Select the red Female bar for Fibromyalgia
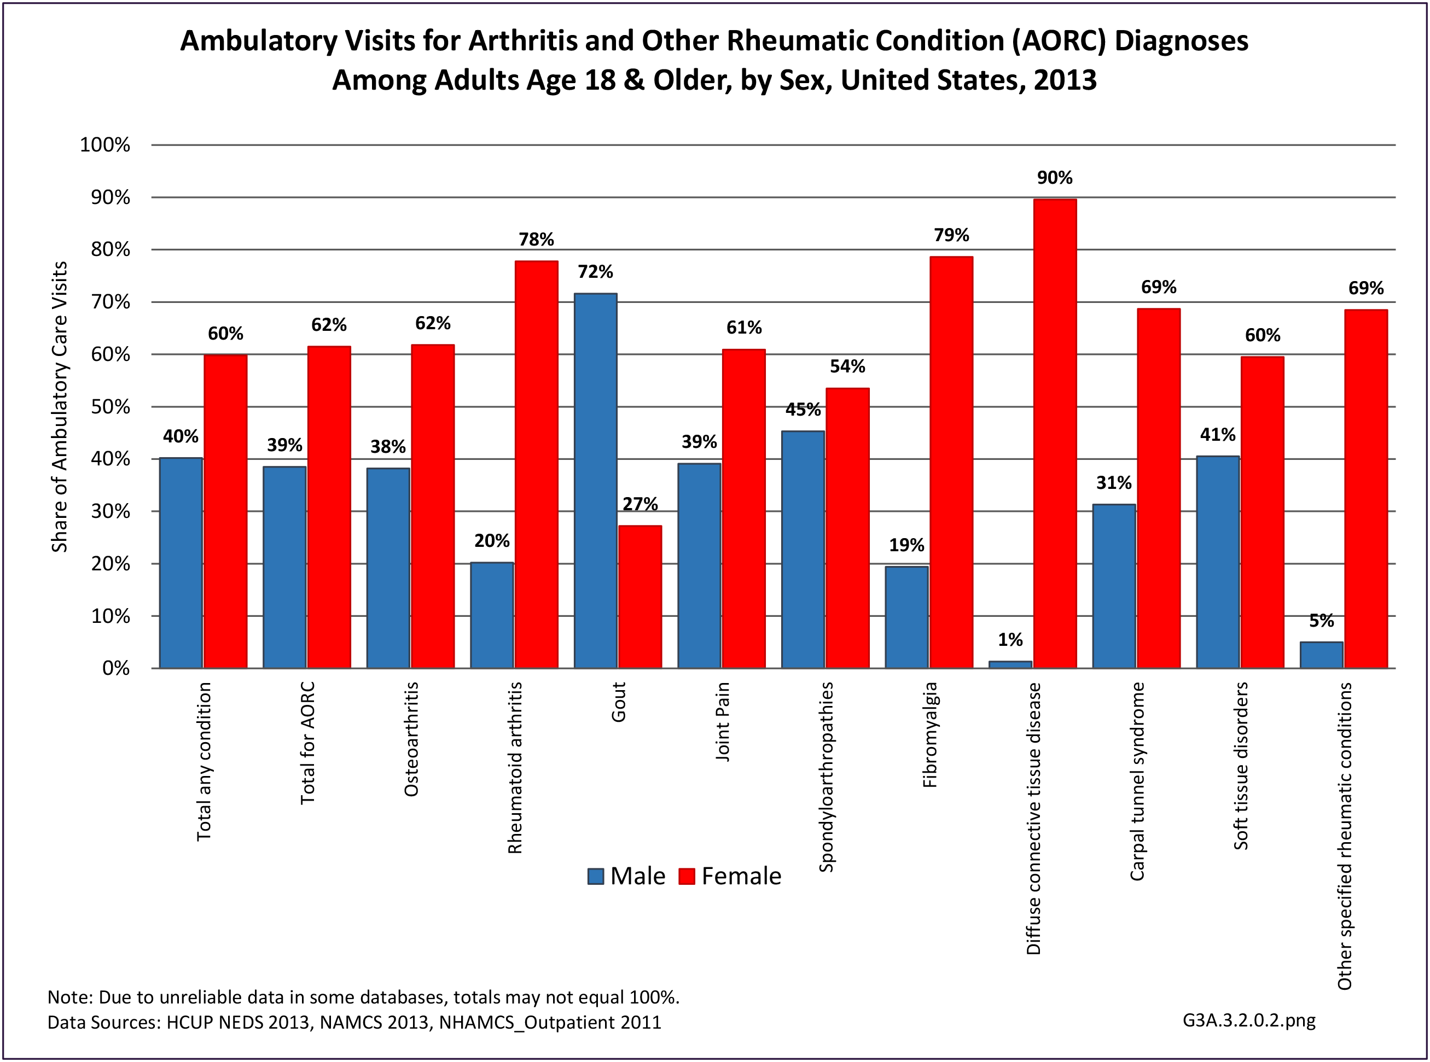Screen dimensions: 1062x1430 [x=951, y=462]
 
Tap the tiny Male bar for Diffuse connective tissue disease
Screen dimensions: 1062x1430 [x=1010, y=665]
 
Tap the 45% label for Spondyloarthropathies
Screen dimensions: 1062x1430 [x=803, y=410]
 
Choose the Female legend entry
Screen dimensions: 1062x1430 [x=730, y=876]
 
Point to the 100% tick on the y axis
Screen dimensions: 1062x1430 [x=105, y=144]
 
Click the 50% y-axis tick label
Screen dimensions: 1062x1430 [x=110, y=407]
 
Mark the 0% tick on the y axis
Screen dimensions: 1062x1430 [x=116, y=669]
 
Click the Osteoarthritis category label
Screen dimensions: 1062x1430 [x=411, y=739]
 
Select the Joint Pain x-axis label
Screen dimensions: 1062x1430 [x=722, y=722]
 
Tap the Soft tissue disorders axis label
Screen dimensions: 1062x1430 [x=1240, y=766]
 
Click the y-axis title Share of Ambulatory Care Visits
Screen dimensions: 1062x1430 [x=59, y=407]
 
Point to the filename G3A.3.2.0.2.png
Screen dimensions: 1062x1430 [x=1249, y=1020]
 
